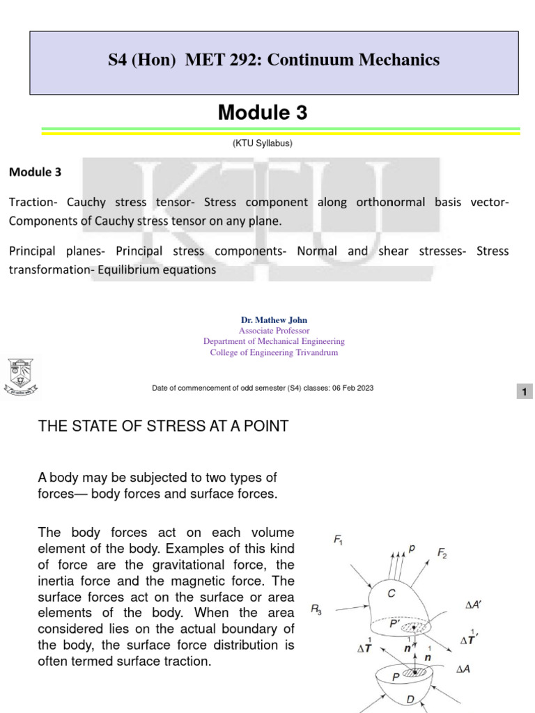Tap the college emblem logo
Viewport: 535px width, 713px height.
(x=24, y=378)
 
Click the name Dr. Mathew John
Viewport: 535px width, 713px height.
(x=274, y=320)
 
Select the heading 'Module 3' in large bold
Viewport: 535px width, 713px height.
(x=262, y=112)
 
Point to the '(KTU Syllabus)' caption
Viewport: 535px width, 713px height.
(x=262, y=143)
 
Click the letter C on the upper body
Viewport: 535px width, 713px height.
(x=393, y=593)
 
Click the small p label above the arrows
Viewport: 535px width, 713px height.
(x=412, y=548)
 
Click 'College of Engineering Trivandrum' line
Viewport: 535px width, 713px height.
(x=274, y=352)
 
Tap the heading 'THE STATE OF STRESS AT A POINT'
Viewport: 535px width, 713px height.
(x=163, y=426)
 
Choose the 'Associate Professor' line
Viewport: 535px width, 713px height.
(x=274, y=331)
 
